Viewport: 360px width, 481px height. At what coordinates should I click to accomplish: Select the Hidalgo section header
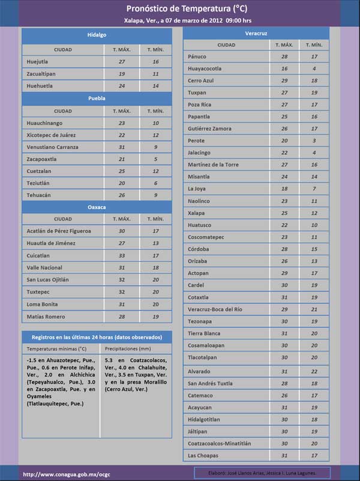pos(97,35)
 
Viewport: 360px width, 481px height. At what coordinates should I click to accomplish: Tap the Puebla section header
pos(97,97)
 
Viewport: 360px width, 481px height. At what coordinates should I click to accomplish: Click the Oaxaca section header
pos(97,207)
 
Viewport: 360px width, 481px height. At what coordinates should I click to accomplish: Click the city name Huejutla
pos(38,62)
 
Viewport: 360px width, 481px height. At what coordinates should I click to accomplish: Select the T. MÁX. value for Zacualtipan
pos(122,74)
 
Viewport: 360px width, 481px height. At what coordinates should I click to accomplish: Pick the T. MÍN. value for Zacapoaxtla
pos(156,159)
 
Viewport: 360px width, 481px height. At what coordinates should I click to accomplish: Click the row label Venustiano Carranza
pos(52,147)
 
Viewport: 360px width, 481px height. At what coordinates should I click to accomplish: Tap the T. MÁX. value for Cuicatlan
pos(122,255)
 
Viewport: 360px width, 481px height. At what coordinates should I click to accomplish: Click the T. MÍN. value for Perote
pos(314,141)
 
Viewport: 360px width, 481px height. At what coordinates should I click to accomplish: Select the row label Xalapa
pos(197,213)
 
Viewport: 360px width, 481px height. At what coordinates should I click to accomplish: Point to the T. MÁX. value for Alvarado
pos(284,372)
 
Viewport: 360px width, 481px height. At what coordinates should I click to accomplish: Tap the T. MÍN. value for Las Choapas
pos(314,456)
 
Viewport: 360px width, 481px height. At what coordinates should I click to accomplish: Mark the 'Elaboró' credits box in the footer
pos(262,473)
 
